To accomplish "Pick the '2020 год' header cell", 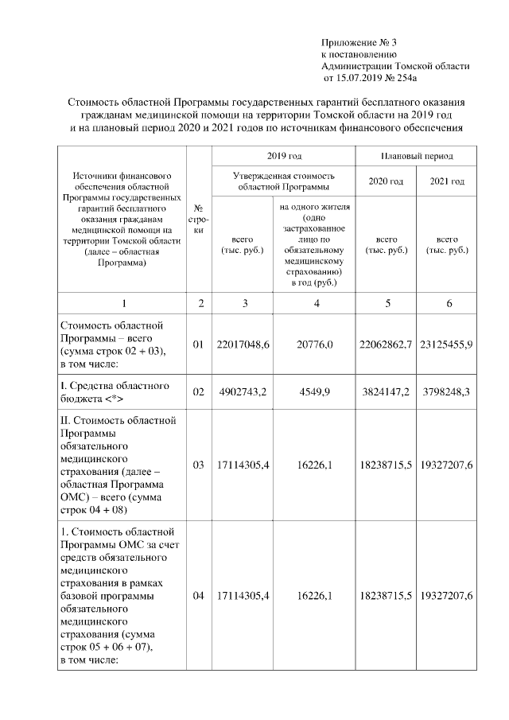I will (386, 181).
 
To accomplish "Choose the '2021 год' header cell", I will (447, 181).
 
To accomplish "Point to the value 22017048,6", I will (243, 344).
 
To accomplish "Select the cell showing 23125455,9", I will (447, 344).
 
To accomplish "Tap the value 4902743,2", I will (243, 392).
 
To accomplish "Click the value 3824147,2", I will (386, 392).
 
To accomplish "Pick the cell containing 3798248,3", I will (447, 392).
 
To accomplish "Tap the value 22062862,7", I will (386, 344).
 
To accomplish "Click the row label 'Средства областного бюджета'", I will (114, 392).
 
